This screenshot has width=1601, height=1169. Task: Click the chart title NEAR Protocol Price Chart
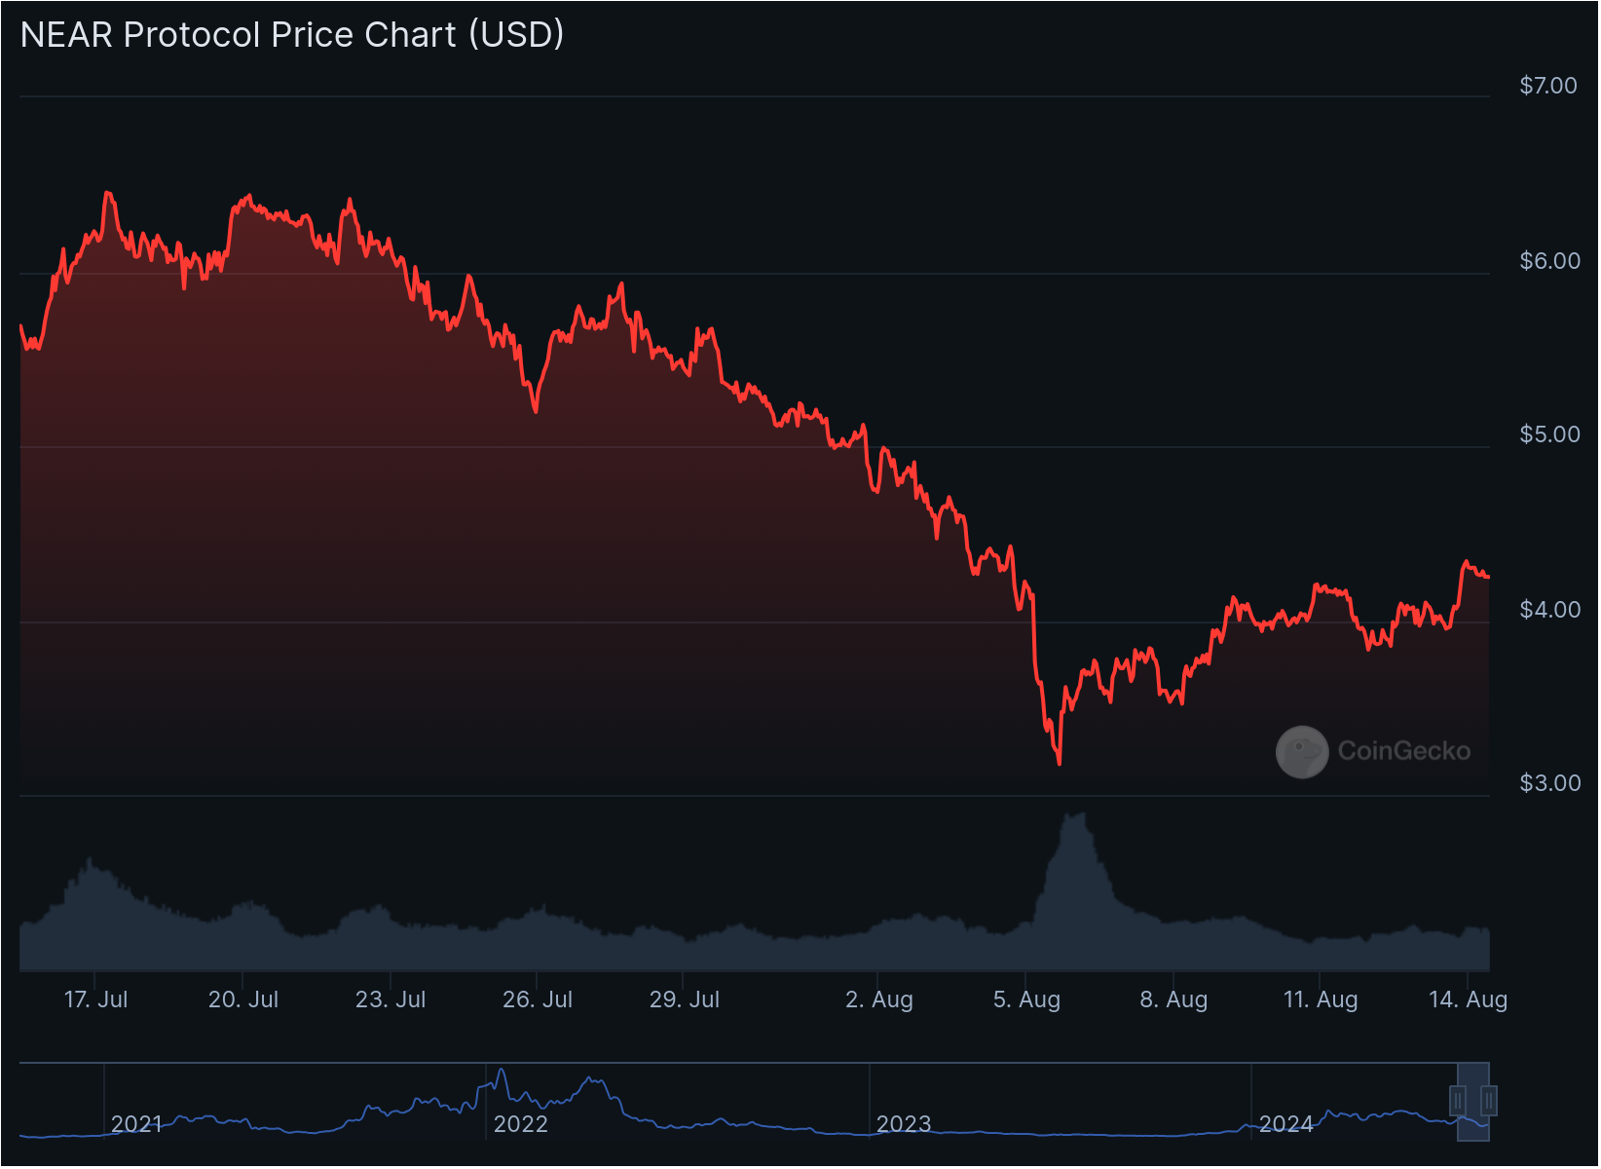(292, 35)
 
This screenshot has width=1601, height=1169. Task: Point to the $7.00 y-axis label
(1547, 86)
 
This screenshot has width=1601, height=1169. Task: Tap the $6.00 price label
(1547, 260)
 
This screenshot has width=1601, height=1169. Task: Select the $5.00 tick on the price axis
(1547, 434)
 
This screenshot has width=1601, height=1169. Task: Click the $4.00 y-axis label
(1547, 609)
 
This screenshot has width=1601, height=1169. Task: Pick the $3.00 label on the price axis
(1547, 783)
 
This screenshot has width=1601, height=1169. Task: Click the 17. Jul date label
(95, 999)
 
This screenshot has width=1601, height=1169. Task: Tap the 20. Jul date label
(243, 999)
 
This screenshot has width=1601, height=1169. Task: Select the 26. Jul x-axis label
(538, 999)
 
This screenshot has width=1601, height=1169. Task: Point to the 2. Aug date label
(879, 999)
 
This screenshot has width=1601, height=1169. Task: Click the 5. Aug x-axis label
(1026, 999)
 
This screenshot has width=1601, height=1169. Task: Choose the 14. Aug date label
(1468, 999)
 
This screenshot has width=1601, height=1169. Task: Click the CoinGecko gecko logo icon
(1302, 751)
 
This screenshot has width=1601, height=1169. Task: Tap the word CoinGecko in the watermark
(1403, 751)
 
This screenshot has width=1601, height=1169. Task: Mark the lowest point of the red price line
(1060, 764)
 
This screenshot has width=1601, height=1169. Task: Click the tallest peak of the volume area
(1076, 815)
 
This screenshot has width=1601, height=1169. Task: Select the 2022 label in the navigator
(521, 1124)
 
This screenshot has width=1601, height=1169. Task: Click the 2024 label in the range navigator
(1286, 1124)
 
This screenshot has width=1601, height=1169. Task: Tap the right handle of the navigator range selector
(1489, 1101)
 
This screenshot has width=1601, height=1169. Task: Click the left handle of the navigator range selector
(1458, 1101)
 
